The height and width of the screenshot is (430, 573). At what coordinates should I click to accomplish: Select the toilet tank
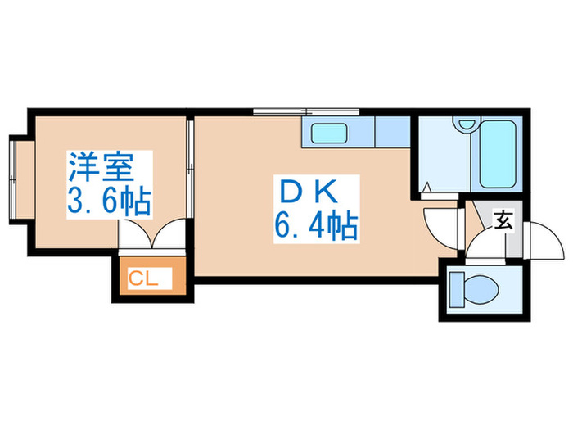[457, 289]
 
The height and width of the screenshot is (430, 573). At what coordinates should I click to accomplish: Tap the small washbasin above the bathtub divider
[467, 125]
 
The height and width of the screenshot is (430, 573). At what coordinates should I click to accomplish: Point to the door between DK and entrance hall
[442, 225]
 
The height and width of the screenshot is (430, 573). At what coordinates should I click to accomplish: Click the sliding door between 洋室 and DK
[188, 168]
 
